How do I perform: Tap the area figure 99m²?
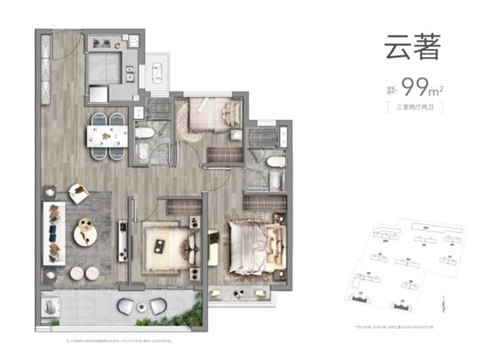(x=413, y=87)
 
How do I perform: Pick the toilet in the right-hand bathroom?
(x=276, y=165)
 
